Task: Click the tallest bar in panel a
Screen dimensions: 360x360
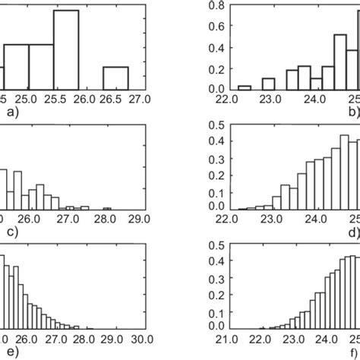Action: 66,49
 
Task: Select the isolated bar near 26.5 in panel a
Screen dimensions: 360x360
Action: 115,77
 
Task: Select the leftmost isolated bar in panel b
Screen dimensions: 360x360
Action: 243,86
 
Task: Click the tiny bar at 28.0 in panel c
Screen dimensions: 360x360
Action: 107,209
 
